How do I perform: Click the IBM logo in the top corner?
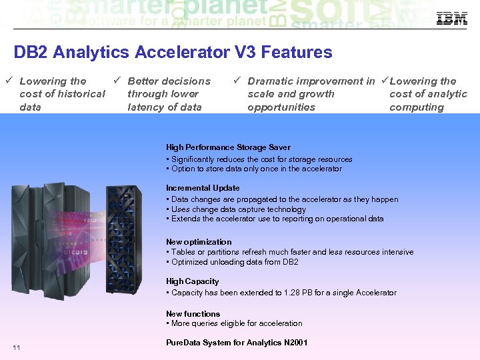[x=451, y=19]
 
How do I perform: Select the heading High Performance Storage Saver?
[x=228, y=147]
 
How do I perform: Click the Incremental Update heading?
[x=203, y=188]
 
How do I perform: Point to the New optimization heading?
[x=199, y=242]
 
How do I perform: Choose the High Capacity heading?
[x=192, y=281]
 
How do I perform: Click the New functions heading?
[x=193, y=313]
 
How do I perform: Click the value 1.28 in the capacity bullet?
[x=295, y=293]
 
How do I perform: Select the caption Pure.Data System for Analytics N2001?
[x=237, y=343]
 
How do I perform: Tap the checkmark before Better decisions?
[x=116, y=81]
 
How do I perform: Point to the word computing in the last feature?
[x=417, y=107]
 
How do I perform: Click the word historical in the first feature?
[x=81, y=94]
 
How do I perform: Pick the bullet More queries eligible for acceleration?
[x=236, y=323]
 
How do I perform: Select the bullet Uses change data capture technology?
[x=238, y=209]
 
